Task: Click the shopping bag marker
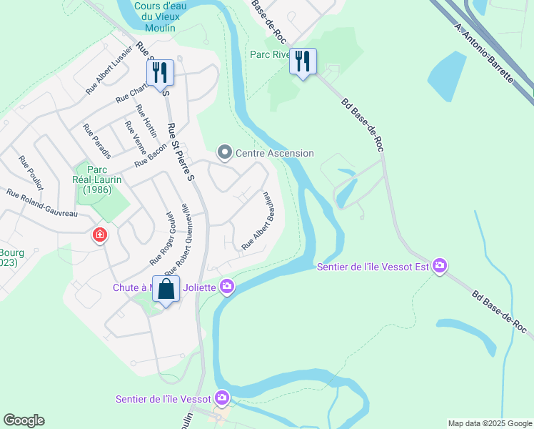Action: tap(166, 290)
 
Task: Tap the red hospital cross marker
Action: tap(100, 235)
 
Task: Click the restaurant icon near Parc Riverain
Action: tap(303, 61)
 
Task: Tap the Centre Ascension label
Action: tap(275, 153)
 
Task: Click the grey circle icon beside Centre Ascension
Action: tap(225, 152)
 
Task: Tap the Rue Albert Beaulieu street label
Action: tap(258, 221)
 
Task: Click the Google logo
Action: tap(24, 420)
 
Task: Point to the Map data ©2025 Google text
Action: tap(490, 423)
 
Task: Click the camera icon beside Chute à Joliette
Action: tap(227, 287)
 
